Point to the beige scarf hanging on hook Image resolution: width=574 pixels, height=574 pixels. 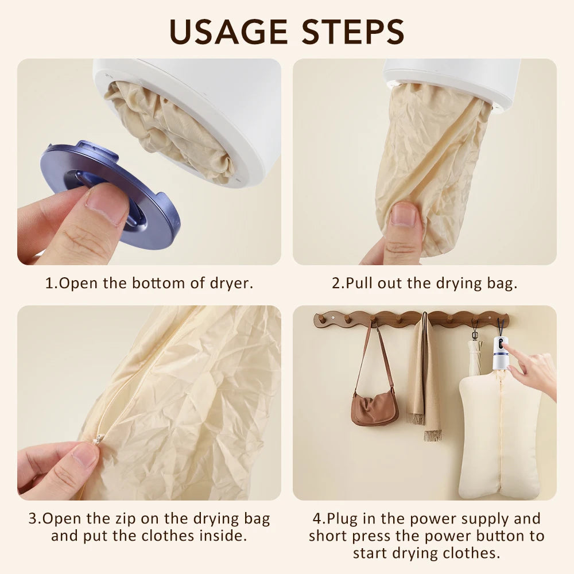(x=425, y=379)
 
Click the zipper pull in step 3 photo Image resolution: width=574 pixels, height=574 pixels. (x=98, y=439)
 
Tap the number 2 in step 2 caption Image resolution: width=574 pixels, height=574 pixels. (x=336, y=283)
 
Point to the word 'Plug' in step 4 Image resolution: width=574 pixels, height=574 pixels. (x=343, y=519)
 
